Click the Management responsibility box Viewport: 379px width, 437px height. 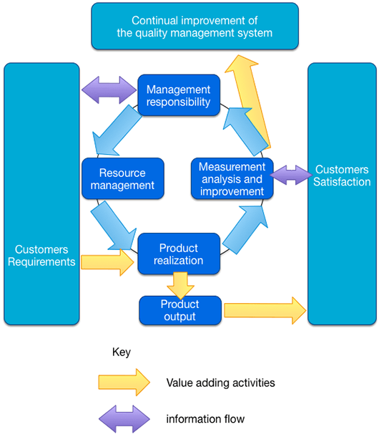(x=178, y=96)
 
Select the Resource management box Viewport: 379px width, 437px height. (x=123, y=179)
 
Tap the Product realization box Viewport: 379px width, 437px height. (x=179, y=254)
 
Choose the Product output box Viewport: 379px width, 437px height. (x=179, y=310)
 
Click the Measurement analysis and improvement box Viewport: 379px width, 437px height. (x=232, y=179)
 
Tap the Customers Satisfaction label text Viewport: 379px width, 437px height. (x=341, y=176)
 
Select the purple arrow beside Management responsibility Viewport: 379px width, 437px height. (x=109, y=90)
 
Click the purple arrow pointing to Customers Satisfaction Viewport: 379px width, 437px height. (x=290, y=174)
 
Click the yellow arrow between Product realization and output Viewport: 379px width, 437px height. (x=179, y=286)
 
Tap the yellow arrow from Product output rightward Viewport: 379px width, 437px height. (x=264, y=310)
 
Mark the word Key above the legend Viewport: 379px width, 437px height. (x=122, y=352)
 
